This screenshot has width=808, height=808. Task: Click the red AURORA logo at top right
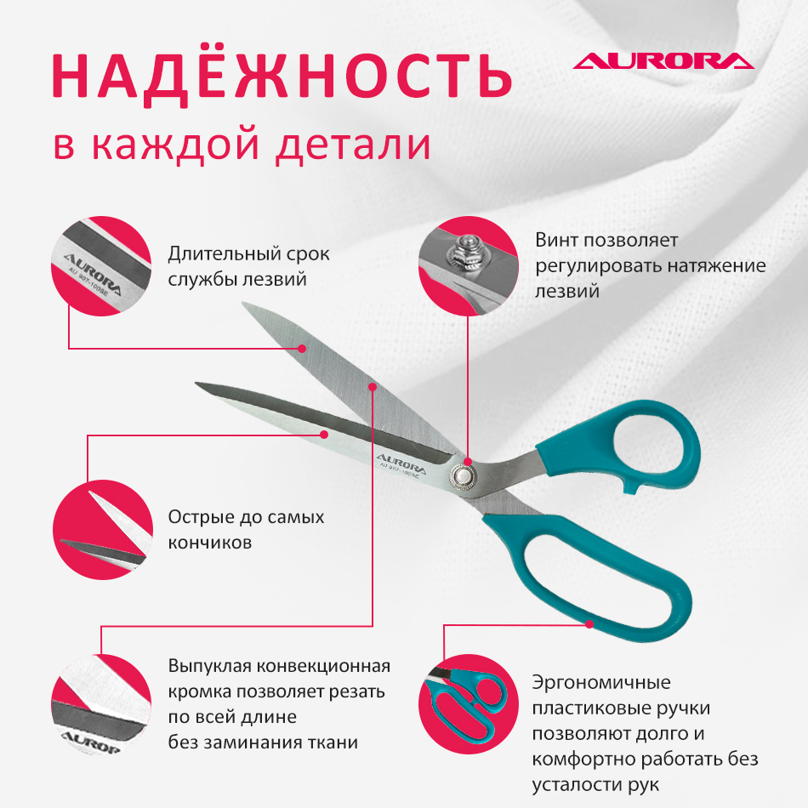click(x=663, y=60)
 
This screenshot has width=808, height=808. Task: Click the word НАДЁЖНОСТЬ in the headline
click(x=282, y=77)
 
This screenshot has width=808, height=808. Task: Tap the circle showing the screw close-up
click(x=469, y=266)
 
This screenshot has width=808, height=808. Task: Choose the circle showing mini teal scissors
click(x=469, y=704)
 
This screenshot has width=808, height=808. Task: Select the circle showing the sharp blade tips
click(x=103, y=530)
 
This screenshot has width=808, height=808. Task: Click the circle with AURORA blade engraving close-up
click(x=101, y=266)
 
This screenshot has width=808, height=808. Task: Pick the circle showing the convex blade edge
click(x=101, y=704)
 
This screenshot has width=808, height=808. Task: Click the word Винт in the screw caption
click(x=556, y=240)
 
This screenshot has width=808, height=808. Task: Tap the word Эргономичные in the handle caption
click(x=601, y=683)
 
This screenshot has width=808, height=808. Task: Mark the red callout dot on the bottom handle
click(x=589, y=624)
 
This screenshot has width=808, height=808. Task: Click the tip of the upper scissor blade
click(x=242, y=303)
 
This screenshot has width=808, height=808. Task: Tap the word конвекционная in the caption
click(x=323, y=666)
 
